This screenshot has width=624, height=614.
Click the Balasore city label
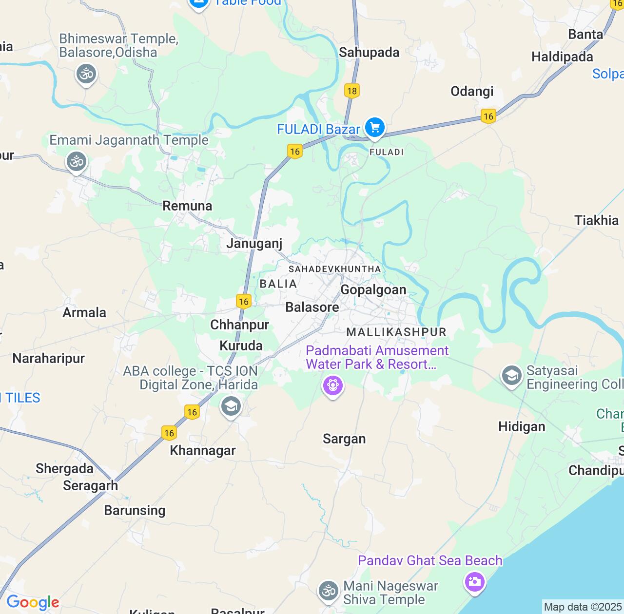click(312, 307)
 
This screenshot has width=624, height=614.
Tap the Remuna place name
click(187, 206)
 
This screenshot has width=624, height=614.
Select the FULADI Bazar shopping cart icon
click(374, 128)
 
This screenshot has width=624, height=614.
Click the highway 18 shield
click(351, 91)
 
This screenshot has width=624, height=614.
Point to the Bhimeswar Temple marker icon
click(86, 75)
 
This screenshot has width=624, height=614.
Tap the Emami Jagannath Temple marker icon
click(77, 161)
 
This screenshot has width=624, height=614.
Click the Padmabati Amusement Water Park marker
click(333, 386)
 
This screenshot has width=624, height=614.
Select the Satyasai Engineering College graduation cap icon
click(512, 376)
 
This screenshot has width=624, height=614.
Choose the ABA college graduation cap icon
click(231, 406)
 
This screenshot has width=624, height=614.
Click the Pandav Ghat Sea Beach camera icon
click(474, 581)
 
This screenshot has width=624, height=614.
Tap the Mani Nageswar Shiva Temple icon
click(329, 592)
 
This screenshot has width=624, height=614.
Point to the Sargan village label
click(344, 439)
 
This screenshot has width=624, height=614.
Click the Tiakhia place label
click(596, 220)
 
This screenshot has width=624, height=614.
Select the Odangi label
click(472, 91)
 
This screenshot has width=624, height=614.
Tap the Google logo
click(33, 603)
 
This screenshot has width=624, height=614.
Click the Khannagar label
click(203, 450)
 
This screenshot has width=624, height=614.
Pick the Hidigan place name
click(522, 427)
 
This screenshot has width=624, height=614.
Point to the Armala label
click(84, 312)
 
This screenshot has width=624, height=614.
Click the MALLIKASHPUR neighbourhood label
click(396, 332)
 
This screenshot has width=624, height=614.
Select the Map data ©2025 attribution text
click(583, 607)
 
